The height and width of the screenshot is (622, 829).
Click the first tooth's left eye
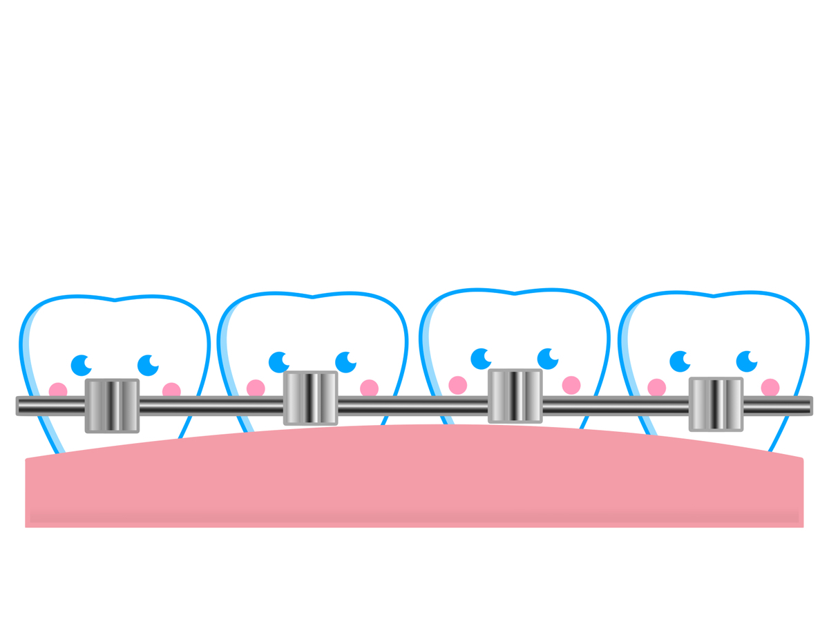pyautogui.click(x=81, y=365)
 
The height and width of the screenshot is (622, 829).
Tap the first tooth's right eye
pyautogui.click(x=148, y=365)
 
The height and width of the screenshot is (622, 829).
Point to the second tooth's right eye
pyautogui.click(x=345, y=362)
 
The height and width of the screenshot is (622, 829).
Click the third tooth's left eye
pyautogui.click(x=481, y=359)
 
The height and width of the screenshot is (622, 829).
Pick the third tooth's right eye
pyautogui.click(x=548, y=359)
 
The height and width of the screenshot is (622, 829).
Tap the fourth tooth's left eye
pyautogui.click(x=680, y=361)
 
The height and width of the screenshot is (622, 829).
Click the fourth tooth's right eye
pyautogui.click(x=747, y=361)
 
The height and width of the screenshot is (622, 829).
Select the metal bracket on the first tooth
pyautogui.click(x=112, y=406)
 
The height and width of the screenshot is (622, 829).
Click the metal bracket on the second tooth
pyautogui.click(x=311, y=398)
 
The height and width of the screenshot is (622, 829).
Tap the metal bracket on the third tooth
pyautogui.click(x=515, y=396)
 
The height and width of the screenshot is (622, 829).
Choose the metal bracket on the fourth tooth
pyautogui.click(x=716, y=404)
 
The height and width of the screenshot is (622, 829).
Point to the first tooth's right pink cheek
pyautogui.click(x=171, y=391)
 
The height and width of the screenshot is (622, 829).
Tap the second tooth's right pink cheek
pyautogui.click(x=370, y=388)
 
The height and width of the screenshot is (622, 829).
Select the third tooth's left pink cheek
pyautogui.click(x=457, y=385)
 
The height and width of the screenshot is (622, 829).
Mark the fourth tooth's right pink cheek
pyautogui.click(x=770, y=388)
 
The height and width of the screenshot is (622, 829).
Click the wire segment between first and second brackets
pyautogui.click(x=211, y=406)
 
